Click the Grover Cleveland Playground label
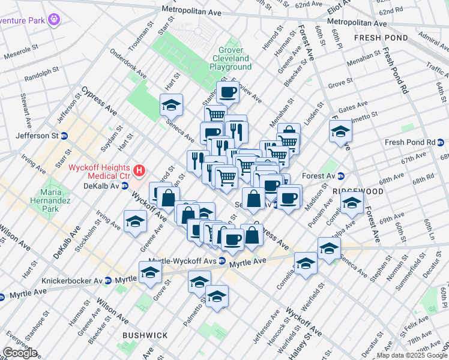(231, 59)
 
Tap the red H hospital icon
(139, 171)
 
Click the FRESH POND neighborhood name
(381, 38)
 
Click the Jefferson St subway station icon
(64, 136)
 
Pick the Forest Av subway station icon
(340, 176)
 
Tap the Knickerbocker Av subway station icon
(108, 280)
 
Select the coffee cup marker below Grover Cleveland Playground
(228, 92)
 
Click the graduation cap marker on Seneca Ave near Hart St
(172, 105)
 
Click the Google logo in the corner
(20, 353)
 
